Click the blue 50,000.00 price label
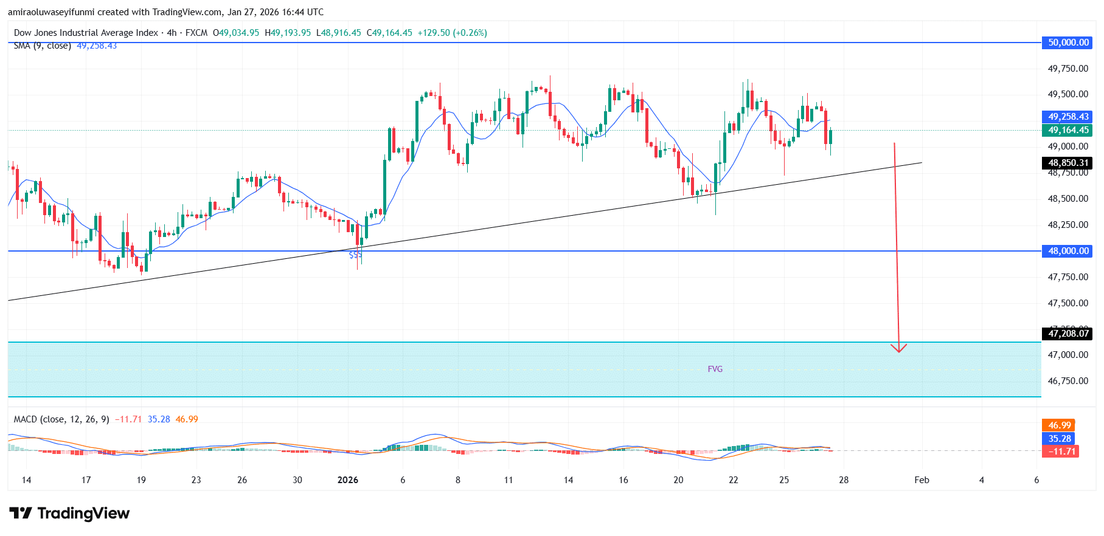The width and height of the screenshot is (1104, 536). [1068, 43]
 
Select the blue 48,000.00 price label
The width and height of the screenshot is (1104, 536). [1068, 251]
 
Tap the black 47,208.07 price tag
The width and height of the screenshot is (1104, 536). [1068, 334]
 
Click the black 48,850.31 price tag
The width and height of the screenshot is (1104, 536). [1068, 163]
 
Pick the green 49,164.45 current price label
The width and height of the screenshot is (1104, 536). [1068, 130]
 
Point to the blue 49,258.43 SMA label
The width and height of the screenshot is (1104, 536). [1068, 117]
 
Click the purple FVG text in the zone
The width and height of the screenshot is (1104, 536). [715, 369]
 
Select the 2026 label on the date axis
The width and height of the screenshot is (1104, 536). [348, 480]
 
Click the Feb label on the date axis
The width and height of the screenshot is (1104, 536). [922, 480]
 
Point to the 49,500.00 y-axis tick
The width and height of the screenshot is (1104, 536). [1068, 94]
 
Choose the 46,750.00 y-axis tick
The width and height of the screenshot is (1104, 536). [1068, 381]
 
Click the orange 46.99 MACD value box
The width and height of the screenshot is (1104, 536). [1059, 425]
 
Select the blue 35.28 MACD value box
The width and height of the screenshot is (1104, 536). [1059, 439]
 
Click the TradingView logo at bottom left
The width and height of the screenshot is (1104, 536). [70, 514]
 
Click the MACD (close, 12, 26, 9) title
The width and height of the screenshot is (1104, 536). [61, 419]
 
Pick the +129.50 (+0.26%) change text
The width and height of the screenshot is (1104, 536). [452, 33]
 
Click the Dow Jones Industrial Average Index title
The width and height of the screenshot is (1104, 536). [86, 33]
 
